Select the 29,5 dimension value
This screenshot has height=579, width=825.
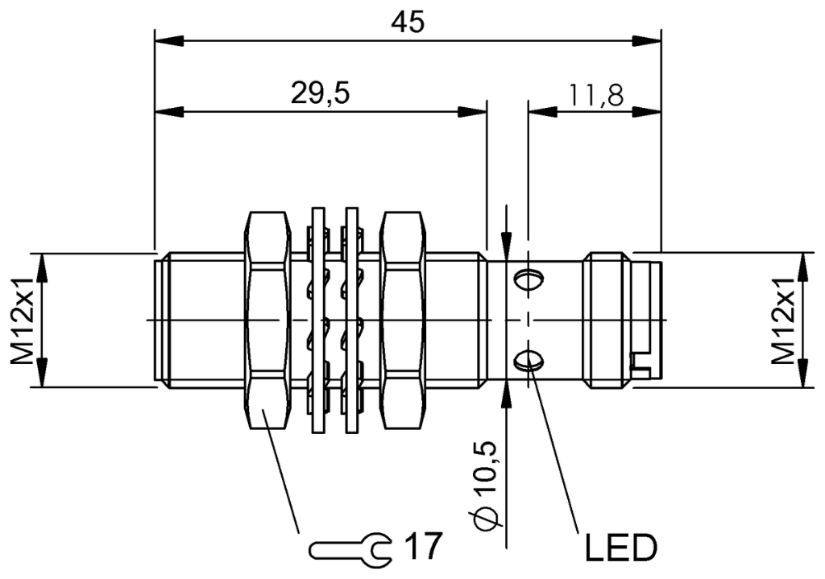[320, 93]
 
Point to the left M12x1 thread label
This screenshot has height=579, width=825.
[24, 321]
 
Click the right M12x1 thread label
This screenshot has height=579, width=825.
[786, 321]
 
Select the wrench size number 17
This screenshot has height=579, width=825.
[422, 547]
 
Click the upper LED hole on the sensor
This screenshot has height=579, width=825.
[529, 279]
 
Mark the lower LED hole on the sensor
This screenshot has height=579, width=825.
[529, 360]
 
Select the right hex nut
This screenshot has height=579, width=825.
[403, 321]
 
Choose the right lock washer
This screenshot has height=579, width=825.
[351, 321]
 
